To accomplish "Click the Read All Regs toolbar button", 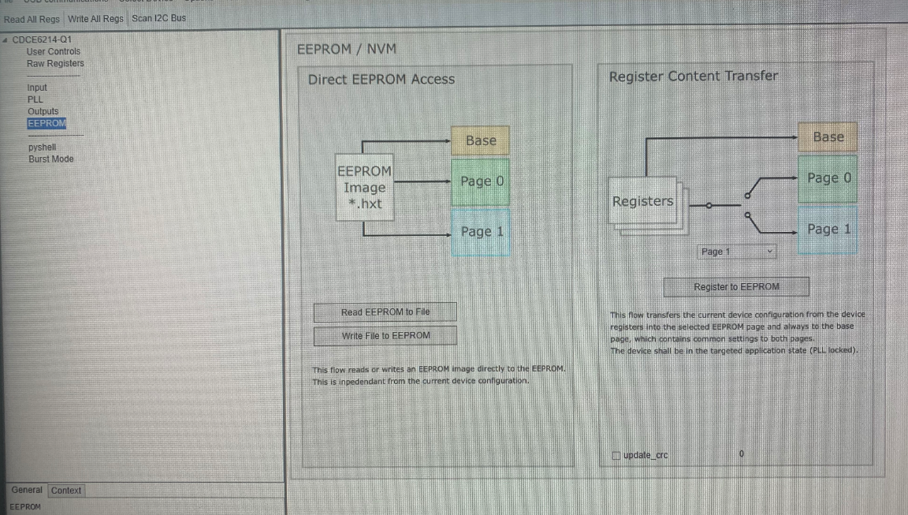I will pos(32,18).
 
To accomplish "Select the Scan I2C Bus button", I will pos(158,18).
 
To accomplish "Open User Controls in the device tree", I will pos(54,51).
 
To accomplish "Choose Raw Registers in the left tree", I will pos(55,63).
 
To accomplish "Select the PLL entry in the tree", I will pos(35,99).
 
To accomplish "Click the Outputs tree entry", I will pos(43,111).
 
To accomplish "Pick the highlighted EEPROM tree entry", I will pos(47,123).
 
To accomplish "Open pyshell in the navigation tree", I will pos(42,147).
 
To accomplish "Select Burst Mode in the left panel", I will pos(51,159).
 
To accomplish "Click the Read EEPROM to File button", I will pos(385,312).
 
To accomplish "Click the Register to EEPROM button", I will pos(736,287).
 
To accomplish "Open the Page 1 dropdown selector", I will pos(738,252).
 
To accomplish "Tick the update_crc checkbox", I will pos(616,455).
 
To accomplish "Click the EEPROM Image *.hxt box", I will pos(364,188).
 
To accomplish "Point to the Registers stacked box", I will pos(643,203).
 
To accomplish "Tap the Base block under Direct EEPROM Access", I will pos(481,140).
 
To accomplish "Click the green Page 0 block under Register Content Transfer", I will pos(828,178).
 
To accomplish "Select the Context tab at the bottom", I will pos(66,490).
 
